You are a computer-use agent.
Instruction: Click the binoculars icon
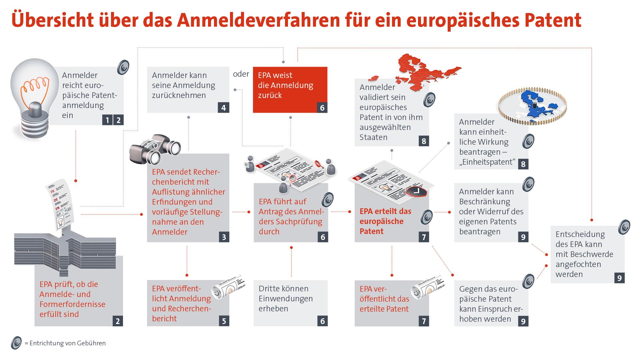(155, 149)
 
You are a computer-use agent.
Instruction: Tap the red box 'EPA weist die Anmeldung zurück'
(290, 89)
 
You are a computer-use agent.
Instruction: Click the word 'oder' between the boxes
(241, 74)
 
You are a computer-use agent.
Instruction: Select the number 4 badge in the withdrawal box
(223, 108)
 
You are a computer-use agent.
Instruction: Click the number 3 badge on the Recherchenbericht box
(224, 237)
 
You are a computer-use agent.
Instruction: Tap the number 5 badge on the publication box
(224, 321)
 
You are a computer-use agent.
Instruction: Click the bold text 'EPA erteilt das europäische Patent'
(385, 221)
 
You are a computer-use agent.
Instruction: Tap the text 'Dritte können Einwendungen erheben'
(285, 298)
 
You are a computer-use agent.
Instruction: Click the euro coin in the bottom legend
(16, 343)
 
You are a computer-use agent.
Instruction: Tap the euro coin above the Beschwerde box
(624, 227)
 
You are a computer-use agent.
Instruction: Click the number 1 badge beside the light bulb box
(107, 120)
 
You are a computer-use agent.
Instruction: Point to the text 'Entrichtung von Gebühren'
(68, 343)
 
